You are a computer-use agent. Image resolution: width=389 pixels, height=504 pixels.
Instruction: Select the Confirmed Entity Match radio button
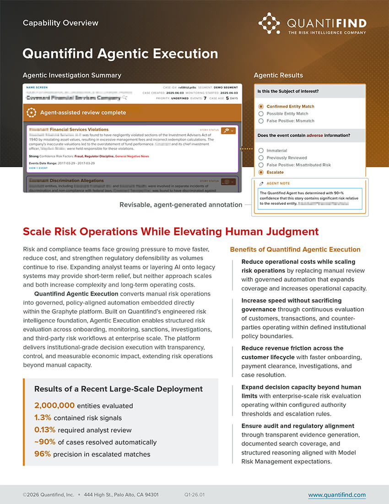point(261,106)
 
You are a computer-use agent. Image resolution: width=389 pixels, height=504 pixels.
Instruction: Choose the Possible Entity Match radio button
point(261,114)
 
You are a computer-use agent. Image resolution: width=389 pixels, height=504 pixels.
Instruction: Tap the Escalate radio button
point(261,172)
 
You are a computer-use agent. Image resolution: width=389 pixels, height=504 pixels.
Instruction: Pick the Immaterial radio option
point(261,150)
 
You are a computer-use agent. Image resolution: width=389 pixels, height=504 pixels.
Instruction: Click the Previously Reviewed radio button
point(261,158)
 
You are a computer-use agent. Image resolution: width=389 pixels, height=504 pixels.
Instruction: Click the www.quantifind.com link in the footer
point(336,495)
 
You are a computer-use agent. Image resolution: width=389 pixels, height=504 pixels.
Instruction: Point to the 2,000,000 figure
point(54,405)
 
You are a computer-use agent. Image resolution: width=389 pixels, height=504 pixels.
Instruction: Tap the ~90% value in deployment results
point(45,442)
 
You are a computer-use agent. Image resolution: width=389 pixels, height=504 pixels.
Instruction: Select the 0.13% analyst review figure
point(44,430)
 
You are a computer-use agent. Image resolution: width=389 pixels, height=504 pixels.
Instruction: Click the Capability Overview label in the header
point(60,22)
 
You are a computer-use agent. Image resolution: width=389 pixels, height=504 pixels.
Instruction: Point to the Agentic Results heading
point(278,75)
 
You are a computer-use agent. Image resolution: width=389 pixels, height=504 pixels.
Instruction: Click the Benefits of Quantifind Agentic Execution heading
point(295,250)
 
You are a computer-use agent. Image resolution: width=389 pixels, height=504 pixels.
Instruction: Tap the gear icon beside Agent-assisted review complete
point(31,112)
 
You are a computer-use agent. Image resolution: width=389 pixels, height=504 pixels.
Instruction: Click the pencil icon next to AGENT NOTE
point(261,183)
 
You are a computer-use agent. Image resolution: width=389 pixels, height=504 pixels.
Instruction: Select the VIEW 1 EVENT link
point(38,168)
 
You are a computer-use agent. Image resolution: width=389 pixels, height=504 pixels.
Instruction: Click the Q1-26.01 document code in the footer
point(194,495)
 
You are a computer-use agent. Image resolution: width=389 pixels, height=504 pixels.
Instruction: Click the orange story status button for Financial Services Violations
point(227,131)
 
